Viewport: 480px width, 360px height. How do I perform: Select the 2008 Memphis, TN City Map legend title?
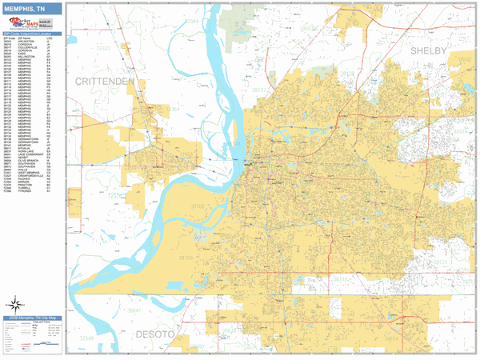pyautogui.click(x=32, y=318)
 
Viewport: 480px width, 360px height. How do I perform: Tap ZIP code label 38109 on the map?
pyautogui.click(x=186, y=258)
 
